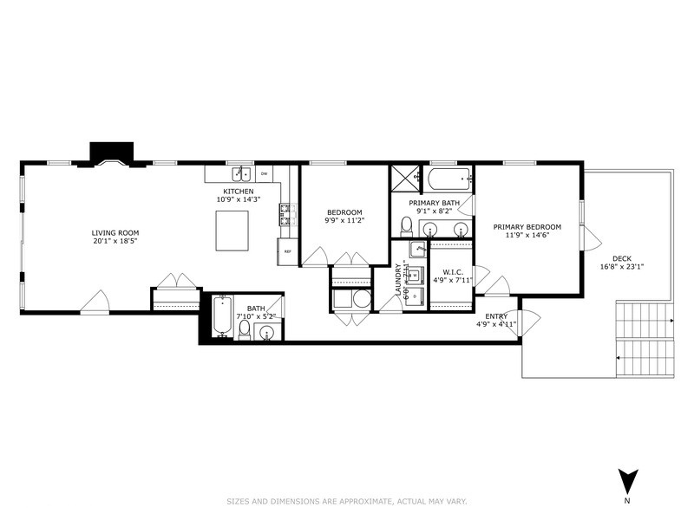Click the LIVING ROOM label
pos(115,232)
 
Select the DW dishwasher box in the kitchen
pos(264,174)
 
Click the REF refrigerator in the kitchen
pos(287,251)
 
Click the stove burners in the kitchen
pos(285,212)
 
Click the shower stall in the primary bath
pos(404,179)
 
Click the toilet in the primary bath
pos(406,225)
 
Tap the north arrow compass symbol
pos(626,480)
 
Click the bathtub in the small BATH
pos(222,317)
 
